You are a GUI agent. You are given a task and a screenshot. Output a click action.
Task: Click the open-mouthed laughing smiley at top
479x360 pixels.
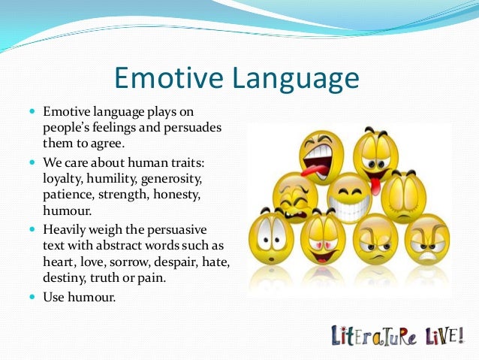[x=321, y=155]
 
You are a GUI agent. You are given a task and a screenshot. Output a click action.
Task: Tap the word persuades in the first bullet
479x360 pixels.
[x=195, y=127]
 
